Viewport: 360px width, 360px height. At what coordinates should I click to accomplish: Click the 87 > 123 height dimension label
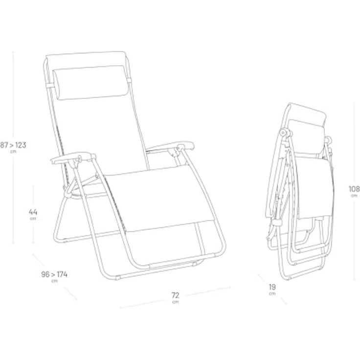coord(13,145)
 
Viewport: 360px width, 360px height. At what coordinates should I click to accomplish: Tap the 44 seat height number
coord(33,212)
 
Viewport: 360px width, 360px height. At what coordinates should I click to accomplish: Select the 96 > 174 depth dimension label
coord(54,274)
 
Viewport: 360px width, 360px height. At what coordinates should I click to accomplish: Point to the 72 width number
coord(175,295)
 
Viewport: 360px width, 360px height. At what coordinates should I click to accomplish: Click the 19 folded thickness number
coord(272,287)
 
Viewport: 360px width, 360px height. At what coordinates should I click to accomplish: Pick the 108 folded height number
coord(354,189)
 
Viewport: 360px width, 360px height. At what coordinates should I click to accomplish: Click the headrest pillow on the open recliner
coord(90,83)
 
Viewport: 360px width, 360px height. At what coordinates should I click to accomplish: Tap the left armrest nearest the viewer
coord(73,158)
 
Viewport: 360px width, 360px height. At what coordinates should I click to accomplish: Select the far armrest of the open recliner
coord(171,146)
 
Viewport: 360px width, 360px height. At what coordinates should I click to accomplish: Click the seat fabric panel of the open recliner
coord(158,198)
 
